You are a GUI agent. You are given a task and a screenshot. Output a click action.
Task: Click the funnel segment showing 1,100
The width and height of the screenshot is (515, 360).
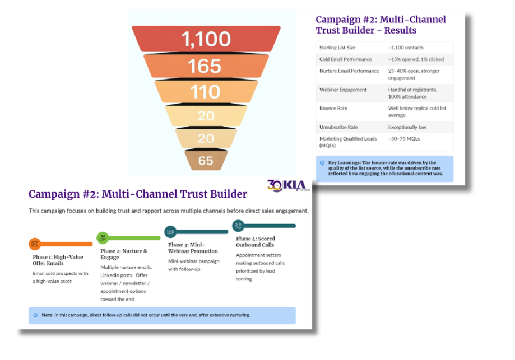tap(206, 39)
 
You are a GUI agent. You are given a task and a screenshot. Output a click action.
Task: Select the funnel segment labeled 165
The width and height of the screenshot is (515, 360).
tap(205, 66)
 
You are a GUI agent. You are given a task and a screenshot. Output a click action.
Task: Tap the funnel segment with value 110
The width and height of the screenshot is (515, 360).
tap(205, 91)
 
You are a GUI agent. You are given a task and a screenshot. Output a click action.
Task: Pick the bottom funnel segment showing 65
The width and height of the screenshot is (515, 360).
tap(206, 161)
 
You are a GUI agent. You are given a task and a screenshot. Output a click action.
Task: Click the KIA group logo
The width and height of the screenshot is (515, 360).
tap(288, 185)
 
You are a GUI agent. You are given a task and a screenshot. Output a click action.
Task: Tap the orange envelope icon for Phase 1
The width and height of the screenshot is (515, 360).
tap(35, 244)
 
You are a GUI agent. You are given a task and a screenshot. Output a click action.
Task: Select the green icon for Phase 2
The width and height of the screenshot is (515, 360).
tap(103, 238)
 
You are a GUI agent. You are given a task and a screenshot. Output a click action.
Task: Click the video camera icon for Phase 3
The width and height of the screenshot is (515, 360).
tap(170, 232)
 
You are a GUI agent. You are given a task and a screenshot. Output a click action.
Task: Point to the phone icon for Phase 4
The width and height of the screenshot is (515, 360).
tap(238, 226)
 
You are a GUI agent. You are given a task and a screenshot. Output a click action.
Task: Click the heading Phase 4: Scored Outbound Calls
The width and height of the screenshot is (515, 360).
tap(255, 242)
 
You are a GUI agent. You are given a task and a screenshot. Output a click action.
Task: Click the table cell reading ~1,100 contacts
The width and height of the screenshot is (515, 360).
tap(406, 48)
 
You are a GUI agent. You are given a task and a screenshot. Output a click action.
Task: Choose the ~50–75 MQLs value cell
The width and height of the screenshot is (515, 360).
tap(404, 138)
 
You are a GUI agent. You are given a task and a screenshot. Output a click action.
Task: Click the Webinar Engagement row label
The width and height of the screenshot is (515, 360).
tap(343, 90)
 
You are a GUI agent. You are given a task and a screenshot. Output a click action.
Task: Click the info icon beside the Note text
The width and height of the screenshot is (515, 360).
tap(35, 315)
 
